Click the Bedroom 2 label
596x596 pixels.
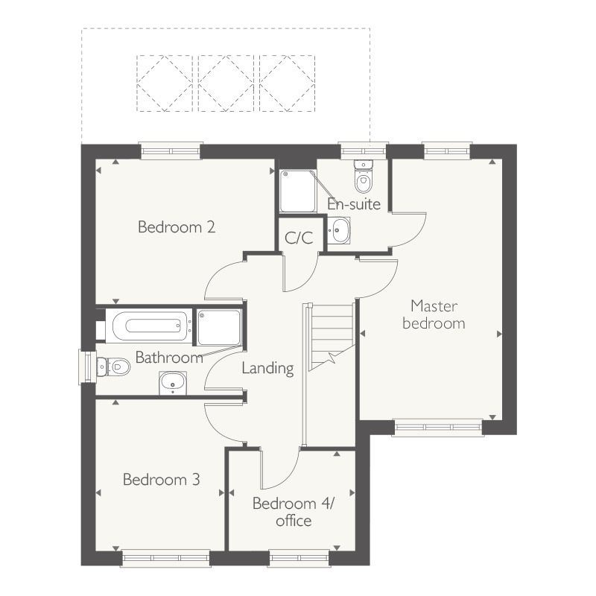coord(177,227)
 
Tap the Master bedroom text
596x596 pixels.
coord(433,314)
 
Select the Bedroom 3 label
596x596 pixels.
coord(162,479)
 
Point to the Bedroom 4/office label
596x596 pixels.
coord(294,512)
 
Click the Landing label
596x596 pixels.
coord(267,368)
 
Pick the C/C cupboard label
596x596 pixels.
coord(299,238)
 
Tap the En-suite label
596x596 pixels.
coord(355,203)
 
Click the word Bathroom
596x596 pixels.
coord(169,358)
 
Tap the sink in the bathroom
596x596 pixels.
coord(174,384)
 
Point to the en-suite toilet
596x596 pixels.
coord(364,179)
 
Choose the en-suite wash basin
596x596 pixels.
coord(339,231)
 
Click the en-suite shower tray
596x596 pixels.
coord(297,191)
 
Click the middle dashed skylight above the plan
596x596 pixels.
coord(226,83)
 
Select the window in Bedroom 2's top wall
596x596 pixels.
coord(171,150)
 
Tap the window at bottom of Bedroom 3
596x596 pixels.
coord(165,557)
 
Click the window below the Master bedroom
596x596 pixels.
coord(437,427)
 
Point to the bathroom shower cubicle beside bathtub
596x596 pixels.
coord(219,327)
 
